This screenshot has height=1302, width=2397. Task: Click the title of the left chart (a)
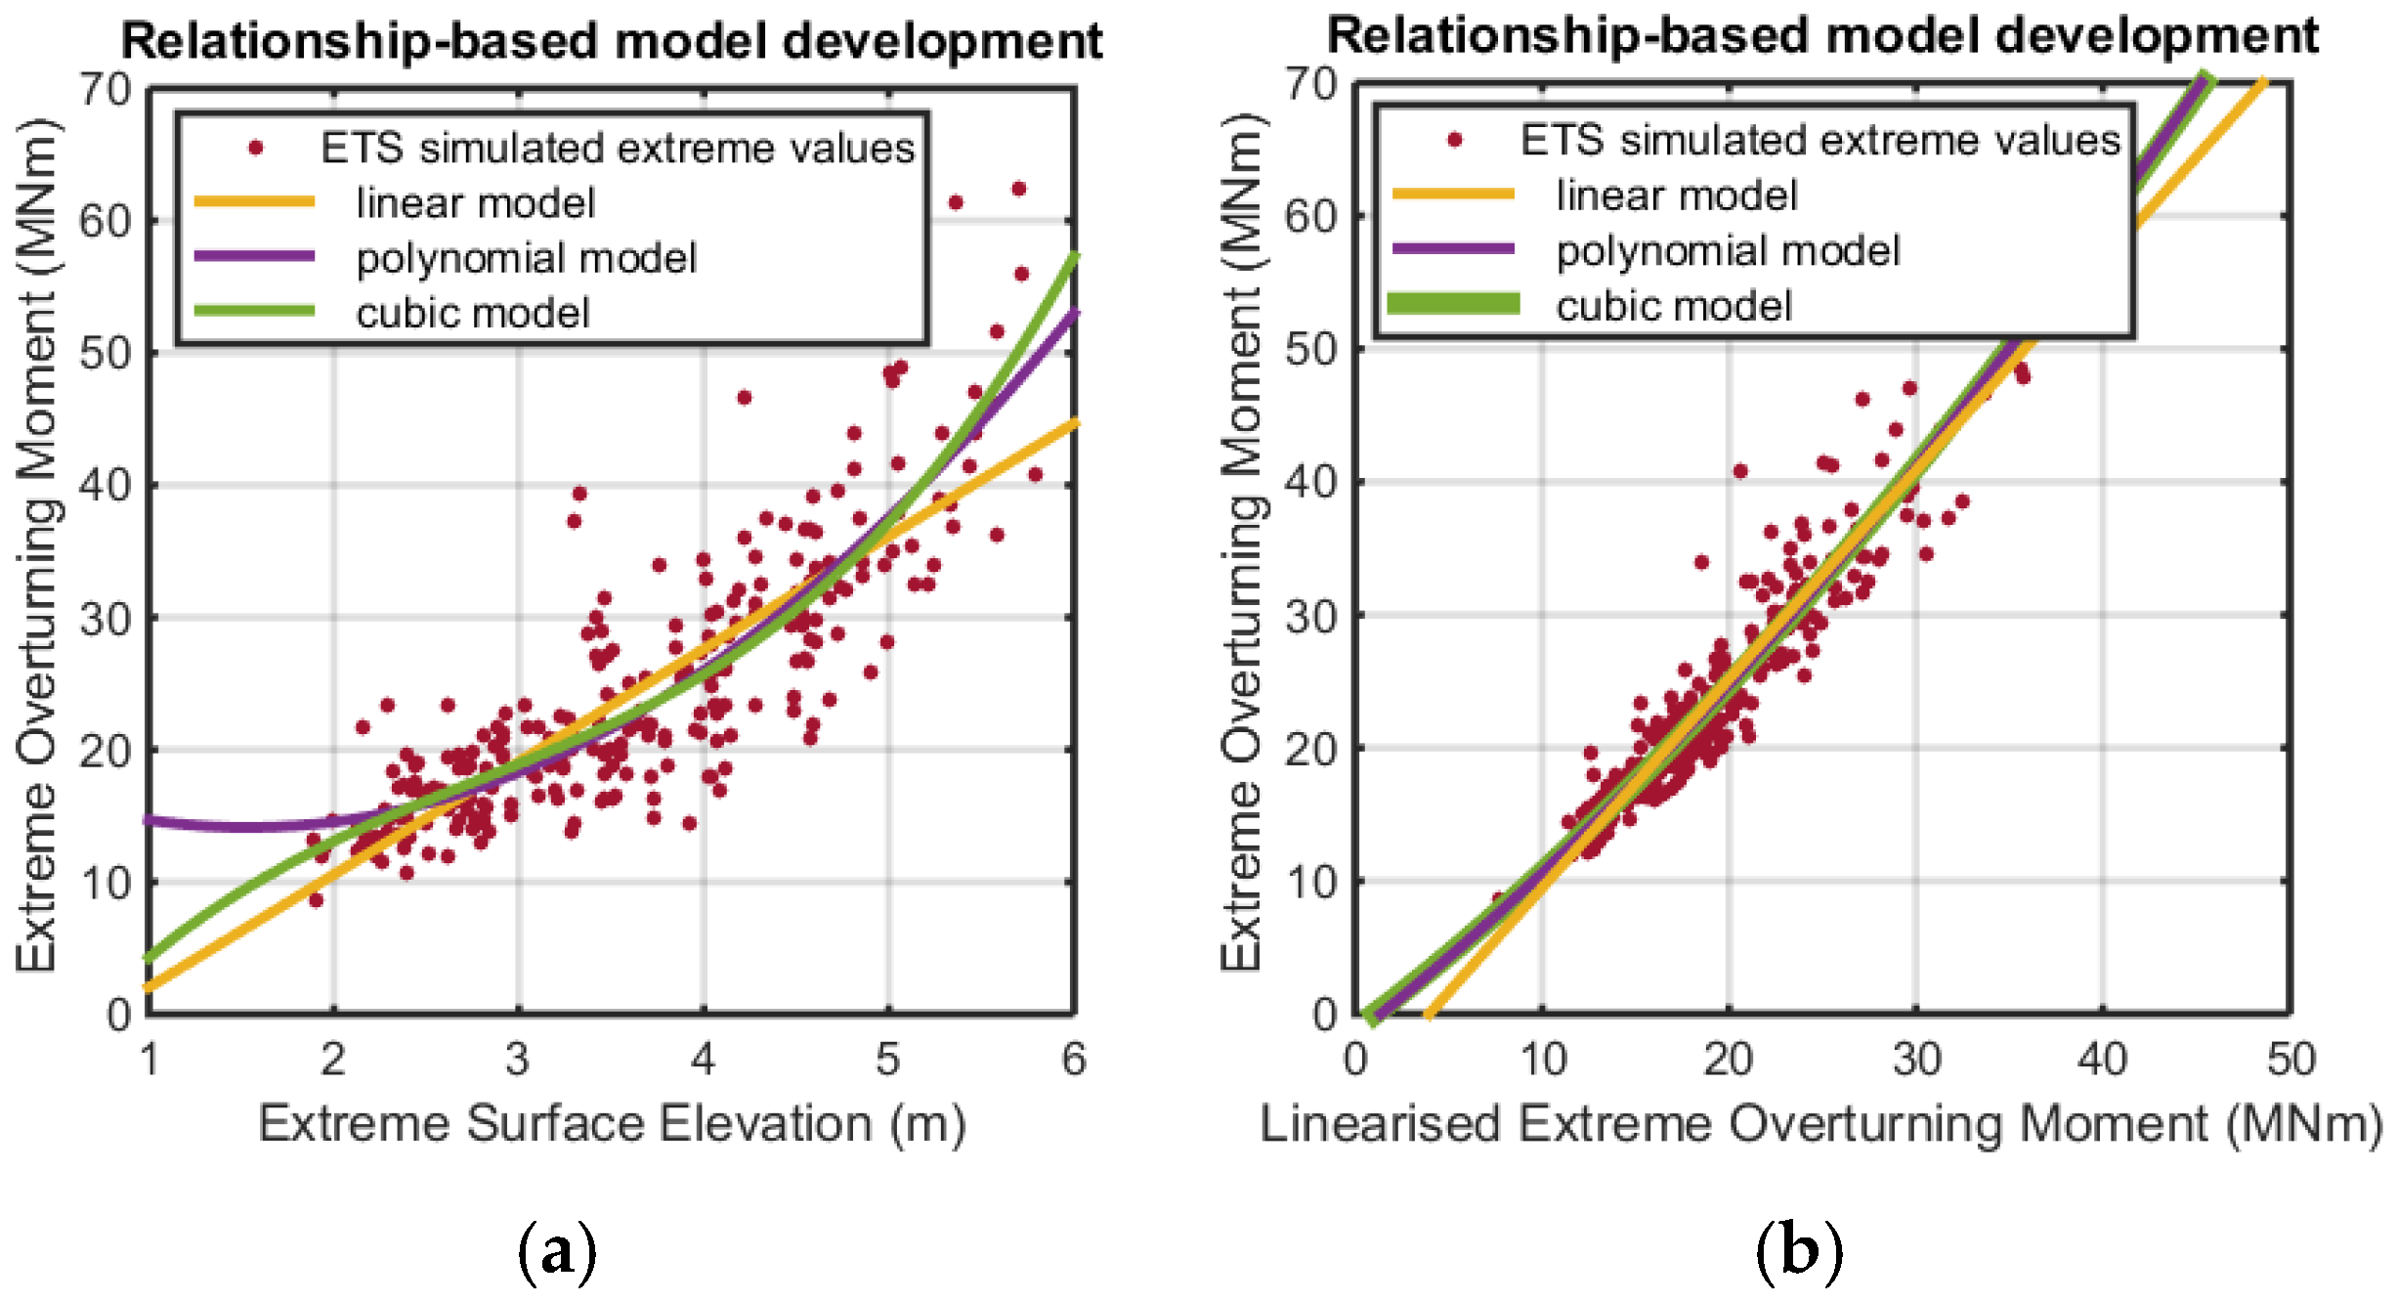click(612, 41)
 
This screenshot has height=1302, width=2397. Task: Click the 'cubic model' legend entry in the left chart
click(472, 314)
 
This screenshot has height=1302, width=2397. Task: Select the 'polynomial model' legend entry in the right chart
click(1727, 251)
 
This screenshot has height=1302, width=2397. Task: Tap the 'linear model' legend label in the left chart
click(475, 203)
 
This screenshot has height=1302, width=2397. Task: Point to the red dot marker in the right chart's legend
click(1454, 141)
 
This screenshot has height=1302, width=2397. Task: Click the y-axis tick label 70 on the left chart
click(106, 90)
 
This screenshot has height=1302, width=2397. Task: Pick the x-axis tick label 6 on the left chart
click(1073, 1059)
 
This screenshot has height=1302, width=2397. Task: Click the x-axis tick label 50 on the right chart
click(2290, 1059)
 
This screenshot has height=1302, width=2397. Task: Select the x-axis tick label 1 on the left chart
click(150, 1059)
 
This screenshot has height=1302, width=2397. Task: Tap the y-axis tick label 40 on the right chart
click(1310, 482)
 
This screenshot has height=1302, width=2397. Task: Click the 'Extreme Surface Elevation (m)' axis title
click(612, 1123)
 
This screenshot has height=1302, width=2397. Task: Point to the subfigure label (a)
click(557, 1250)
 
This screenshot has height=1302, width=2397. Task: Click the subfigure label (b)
click(1799, 1250)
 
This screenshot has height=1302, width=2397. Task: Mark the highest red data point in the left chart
click(1018, 189)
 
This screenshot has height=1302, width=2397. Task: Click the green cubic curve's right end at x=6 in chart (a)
click(1073, 257)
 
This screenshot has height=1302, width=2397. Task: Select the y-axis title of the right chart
click(1242, 542)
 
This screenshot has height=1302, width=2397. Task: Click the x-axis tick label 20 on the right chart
click(1728, 1059)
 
